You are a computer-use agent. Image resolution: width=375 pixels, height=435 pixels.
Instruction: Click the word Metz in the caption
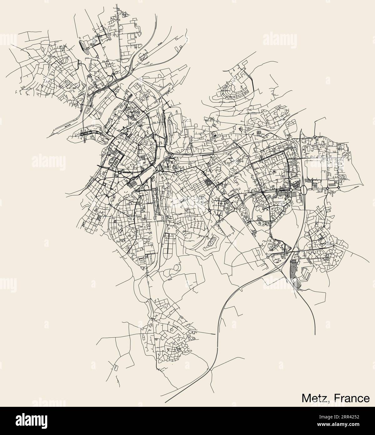[315, 398]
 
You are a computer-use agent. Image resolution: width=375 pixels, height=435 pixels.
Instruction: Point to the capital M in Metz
[307, 398]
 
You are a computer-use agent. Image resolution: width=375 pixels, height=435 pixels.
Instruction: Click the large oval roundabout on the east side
[303, 190]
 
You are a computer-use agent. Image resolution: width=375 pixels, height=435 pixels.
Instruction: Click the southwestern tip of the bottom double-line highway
[165, 402]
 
